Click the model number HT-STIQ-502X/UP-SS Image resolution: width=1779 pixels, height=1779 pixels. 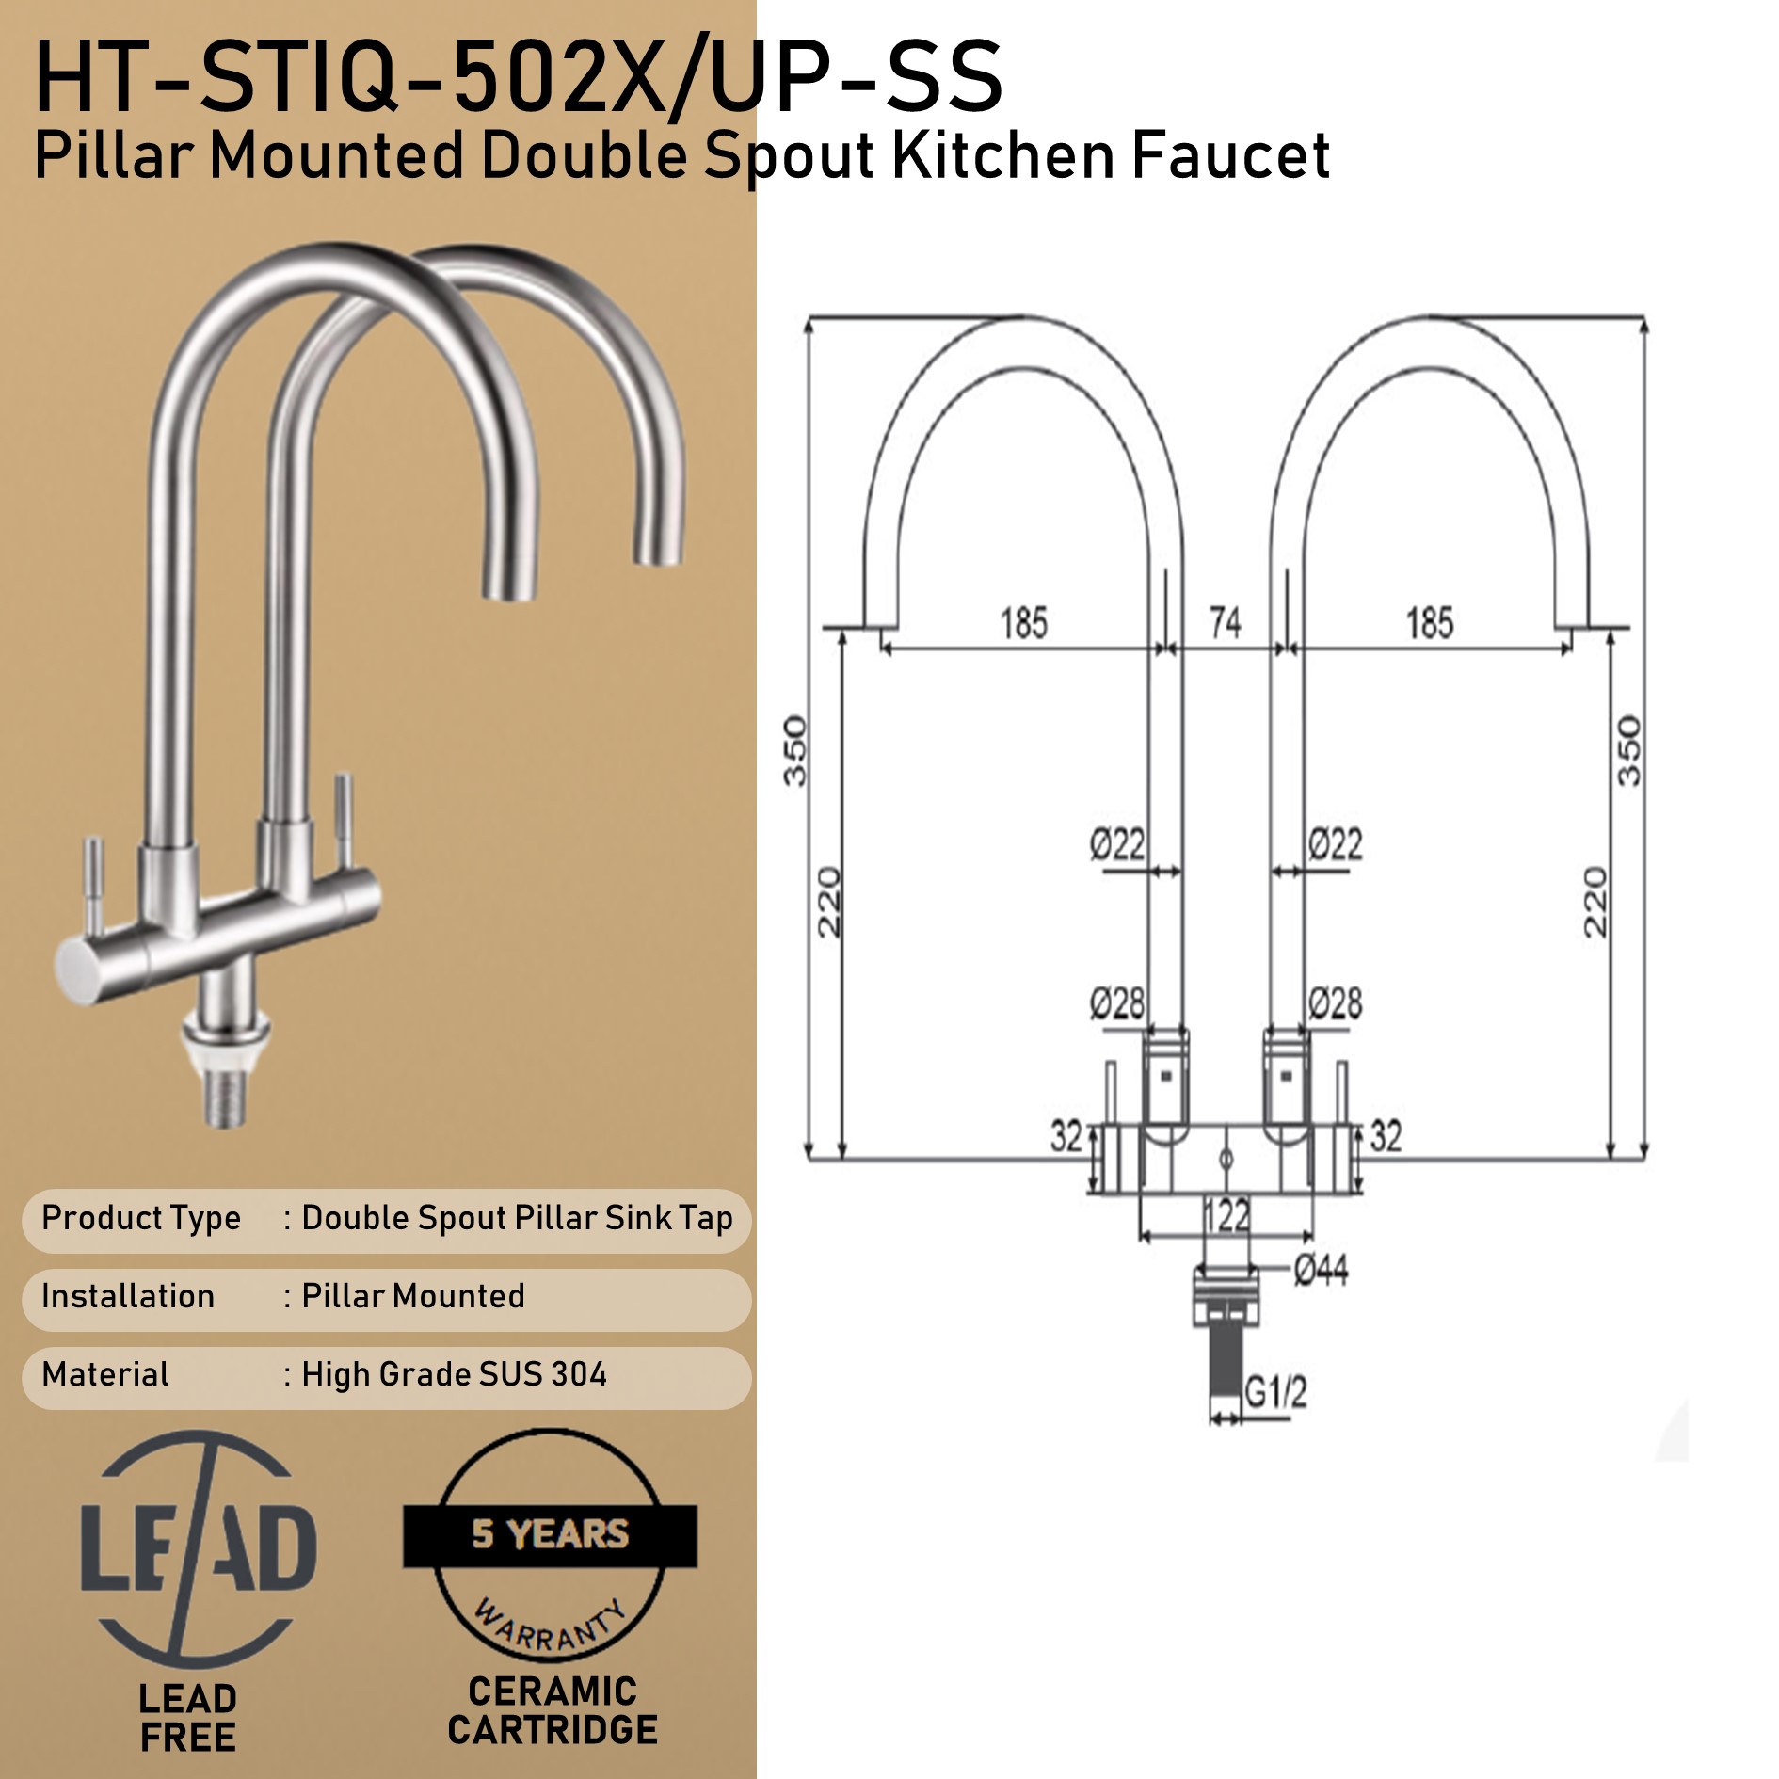(x=518, y=77)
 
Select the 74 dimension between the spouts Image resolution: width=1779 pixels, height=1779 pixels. (x=1225, y=622)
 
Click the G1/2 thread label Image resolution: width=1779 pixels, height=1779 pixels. (x=1275, y=1390)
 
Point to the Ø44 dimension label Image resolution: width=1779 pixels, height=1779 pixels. (x=1321, y=1270)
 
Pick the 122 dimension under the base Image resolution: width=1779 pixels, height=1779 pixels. (x=1227, y=1215)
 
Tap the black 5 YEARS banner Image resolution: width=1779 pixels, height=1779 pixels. (x=550, y=1534)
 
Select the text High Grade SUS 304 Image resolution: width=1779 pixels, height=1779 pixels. (x=454, y=1374)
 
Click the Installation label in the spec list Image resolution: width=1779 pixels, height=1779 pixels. (x=128, y=1296)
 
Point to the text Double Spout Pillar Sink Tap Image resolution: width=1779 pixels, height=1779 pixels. (x=517, y=1218)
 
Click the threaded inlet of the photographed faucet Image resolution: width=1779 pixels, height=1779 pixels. (x=226, y=1098)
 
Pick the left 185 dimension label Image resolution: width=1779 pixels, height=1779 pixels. (x=1023, y=623)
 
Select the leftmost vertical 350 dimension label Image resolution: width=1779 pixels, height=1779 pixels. (x=795, y=750)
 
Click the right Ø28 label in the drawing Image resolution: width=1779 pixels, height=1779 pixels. (x=1335, y=1003)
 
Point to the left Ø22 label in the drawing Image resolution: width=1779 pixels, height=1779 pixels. (x=1117, y=843)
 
